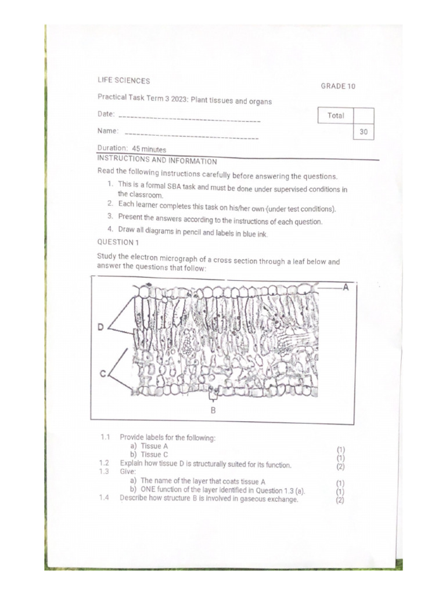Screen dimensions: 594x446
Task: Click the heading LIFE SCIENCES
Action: click(123, 81)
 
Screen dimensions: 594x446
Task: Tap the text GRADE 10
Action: click(338, 86)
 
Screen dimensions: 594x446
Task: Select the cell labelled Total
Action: click(336, 115)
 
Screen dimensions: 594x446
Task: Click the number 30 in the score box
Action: click(364, 132)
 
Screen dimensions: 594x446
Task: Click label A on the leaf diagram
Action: click(346, 287)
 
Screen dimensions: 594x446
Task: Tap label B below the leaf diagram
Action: click(213, 410)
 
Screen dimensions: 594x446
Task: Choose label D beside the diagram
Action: click(100, 328)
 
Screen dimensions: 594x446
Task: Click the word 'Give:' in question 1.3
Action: click(128, 472)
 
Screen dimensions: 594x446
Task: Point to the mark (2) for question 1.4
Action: click(340, 500)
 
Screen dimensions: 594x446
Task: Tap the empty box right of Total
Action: click(364, 115)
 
